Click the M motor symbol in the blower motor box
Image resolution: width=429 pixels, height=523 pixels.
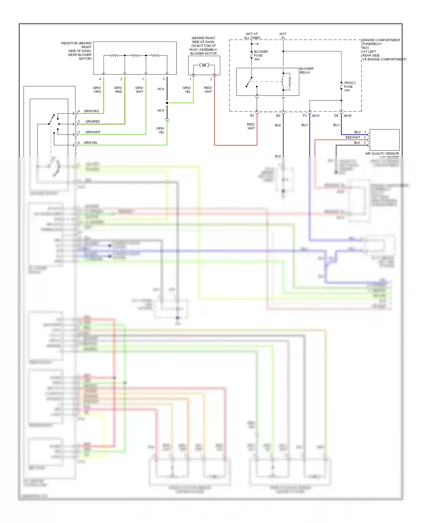tap(204, 65)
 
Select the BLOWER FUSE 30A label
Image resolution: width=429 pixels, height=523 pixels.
tap(261, 56)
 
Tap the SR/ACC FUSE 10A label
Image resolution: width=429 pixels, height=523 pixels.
tap(350, 86)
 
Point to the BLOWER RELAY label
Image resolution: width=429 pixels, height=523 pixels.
tap(306, 71)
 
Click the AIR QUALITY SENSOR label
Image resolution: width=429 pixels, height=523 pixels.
tap(382, 154)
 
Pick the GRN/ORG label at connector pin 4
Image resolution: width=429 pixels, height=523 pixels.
tap(91, 111)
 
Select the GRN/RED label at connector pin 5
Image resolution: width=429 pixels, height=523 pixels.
tap(93, 122)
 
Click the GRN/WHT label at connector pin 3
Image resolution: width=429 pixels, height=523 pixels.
tap(93, 132)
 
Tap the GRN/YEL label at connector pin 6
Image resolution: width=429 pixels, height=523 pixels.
tap(91, 143)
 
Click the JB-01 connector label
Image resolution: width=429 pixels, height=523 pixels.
tap(315, 116)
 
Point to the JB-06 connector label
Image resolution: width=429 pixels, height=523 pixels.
tap(347, 116)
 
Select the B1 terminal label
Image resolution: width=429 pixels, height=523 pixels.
tap(252, 116)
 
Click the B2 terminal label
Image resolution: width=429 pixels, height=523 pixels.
tap(278, 116)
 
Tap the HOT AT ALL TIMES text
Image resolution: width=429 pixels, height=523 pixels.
tap(252, 36)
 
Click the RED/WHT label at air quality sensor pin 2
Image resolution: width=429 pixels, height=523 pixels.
tap(353, 138)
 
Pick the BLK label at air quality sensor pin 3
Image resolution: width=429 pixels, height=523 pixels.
tap(357, 143)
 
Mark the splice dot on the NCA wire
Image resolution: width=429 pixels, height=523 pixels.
tap(167, 103)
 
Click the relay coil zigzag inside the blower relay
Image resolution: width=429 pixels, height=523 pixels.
tap(289, 82)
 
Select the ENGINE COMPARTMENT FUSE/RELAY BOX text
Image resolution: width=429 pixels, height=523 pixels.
tap(382, 50)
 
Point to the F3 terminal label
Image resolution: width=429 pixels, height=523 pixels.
tap(305, 116)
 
